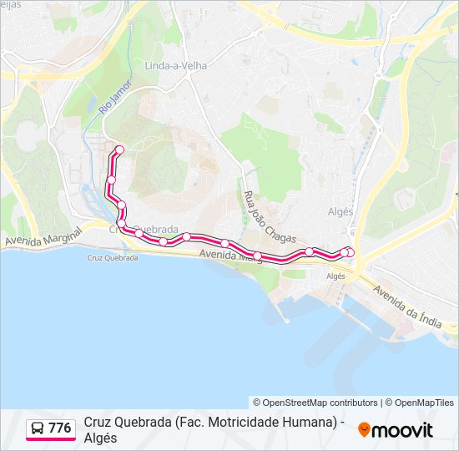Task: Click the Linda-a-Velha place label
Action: coord(174,65)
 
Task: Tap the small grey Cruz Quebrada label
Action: coord(113,258)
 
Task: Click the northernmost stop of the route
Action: coord(119,150)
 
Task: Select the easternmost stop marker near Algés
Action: coord(350,253)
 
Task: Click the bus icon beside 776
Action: coord(38,428)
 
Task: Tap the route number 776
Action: coord(60,428)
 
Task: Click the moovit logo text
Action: coord(403,430)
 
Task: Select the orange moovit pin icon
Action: coord(364,430)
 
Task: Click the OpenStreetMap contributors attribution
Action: coord(315,403)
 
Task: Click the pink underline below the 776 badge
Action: coord(50,440)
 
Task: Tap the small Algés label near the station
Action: coord(335,276)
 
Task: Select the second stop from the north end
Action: coord(111,180)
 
